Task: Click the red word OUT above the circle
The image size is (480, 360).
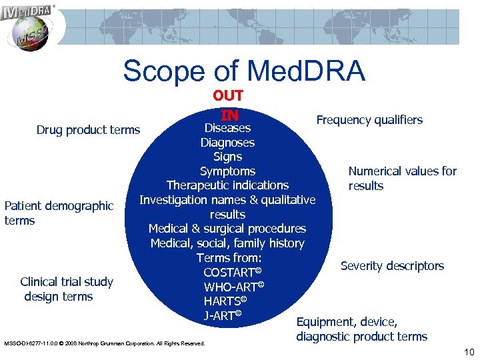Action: [x=228, y=96]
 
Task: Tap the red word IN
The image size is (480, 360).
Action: [x=229, y=115]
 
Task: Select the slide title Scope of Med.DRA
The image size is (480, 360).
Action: [x=244, y=71]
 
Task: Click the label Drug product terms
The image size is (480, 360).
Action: [x=88, y=129]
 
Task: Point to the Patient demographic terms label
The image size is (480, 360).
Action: [x=59, y=213]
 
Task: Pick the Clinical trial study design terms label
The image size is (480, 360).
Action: [x=66, y=289]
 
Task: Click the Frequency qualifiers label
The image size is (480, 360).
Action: [x=369, y=120]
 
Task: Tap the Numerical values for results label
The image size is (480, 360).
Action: [x=402, y=178]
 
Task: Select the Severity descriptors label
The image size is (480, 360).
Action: [x=392, y=266]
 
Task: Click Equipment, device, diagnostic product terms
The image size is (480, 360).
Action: [x=362, y=329]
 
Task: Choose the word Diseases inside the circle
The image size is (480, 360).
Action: [x=227, y=128]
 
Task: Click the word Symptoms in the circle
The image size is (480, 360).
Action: [x=227, y=171]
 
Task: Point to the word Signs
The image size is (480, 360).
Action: [x=227, y=157]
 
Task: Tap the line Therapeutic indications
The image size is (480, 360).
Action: [x=227, y=185]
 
